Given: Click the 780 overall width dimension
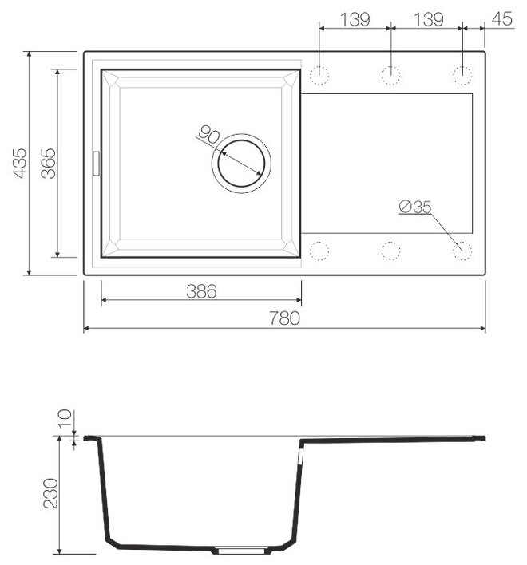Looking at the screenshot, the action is click(285, 318).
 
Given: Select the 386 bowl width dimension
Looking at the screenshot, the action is click(201, 291).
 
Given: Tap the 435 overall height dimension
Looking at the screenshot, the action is click(19, 163).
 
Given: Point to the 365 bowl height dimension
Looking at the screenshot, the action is click(48, 164).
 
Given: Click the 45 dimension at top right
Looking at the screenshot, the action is click(501, 18).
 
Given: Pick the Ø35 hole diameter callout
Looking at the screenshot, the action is click(415, 207).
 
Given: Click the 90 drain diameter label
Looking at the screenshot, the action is click(209, 134).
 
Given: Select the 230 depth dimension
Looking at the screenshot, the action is click(50, 493).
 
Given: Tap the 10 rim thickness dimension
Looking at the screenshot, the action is click(65, 419).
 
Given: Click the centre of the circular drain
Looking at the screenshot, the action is click(241, 164).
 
